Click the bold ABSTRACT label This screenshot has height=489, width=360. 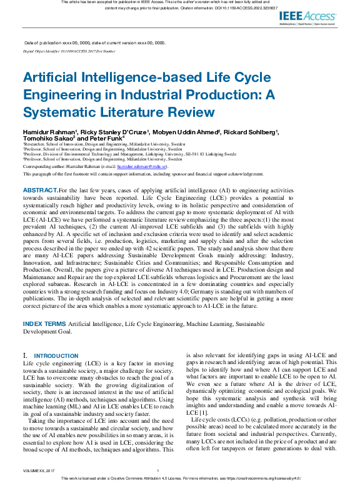click(x=41, y=189)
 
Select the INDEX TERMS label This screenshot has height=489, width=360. click(x=44, y=324)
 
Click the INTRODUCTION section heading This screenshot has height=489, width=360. click(x=56, y=356)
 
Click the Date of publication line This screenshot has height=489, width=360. click(x=94, y=42)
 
